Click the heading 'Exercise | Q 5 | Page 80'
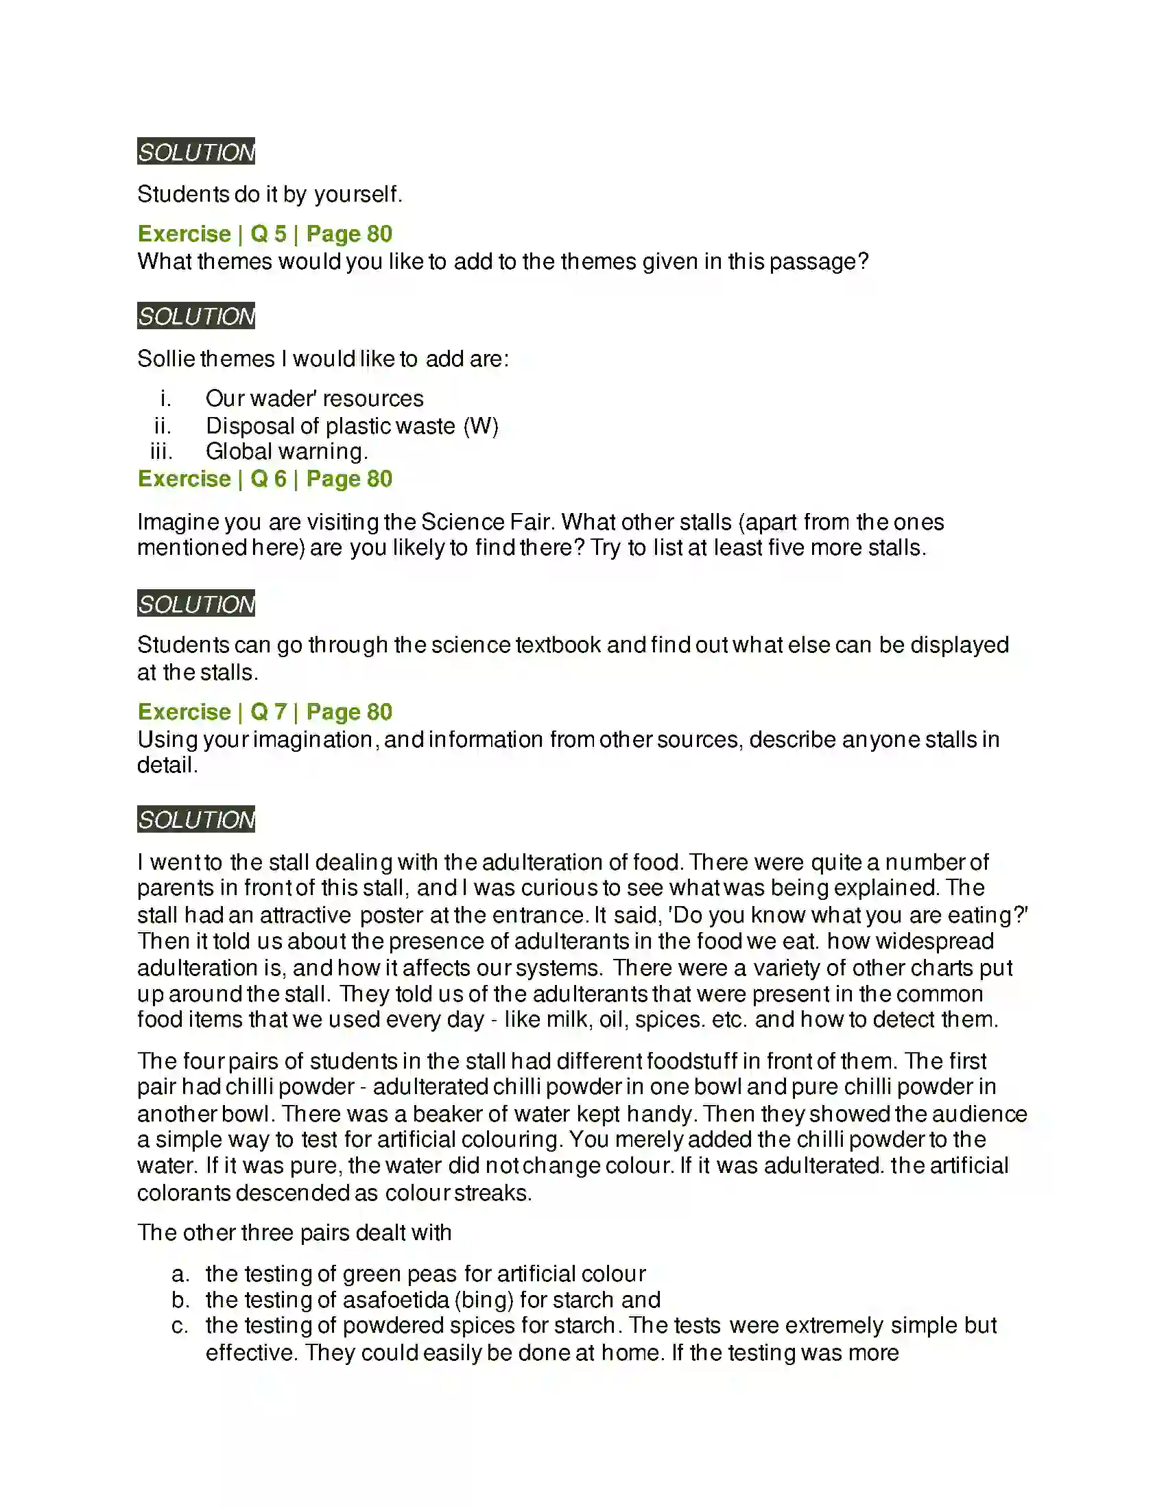265,233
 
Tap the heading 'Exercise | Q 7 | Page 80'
265,712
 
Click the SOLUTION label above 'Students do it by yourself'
196,152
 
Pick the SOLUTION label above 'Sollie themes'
196,316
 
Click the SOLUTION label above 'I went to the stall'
196,820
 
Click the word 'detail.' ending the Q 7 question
167,765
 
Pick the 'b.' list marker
180,1300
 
